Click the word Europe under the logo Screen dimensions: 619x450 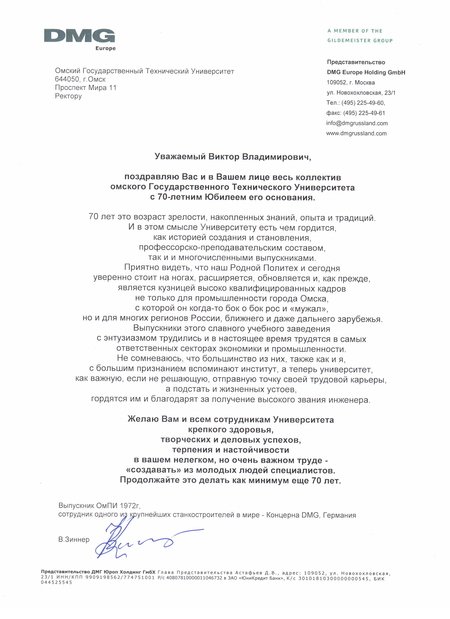coord(105,48)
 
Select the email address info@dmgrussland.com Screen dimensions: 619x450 coord(357,123)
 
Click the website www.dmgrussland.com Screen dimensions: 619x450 coord(356,133)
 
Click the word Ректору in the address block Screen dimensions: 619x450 coord(68,96)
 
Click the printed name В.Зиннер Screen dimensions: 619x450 coord(74,540)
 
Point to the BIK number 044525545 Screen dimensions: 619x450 coord(56,582)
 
